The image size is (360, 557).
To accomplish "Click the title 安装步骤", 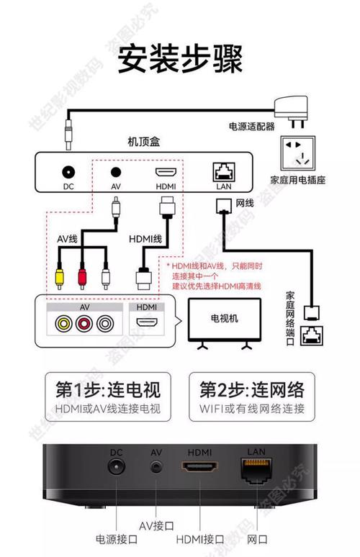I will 180,58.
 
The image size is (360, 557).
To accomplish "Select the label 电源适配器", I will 251,126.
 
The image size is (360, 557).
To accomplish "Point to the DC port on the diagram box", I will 69,173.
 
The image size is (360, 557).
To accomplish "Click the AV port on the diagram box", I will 115,173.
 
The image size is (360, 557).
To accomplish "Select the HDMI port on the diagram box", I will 166,173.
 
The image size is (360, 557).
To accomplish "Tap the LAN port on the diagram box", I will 222,172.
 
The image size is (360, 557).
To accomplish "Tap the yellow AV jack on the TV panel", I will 63,323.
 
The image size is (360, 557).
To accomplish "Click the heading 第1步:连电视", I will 108,390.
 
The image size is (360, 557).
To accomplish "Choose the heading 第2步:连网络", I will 252,390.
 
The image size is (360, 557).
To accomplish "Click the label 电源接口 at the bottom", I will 114,538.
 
